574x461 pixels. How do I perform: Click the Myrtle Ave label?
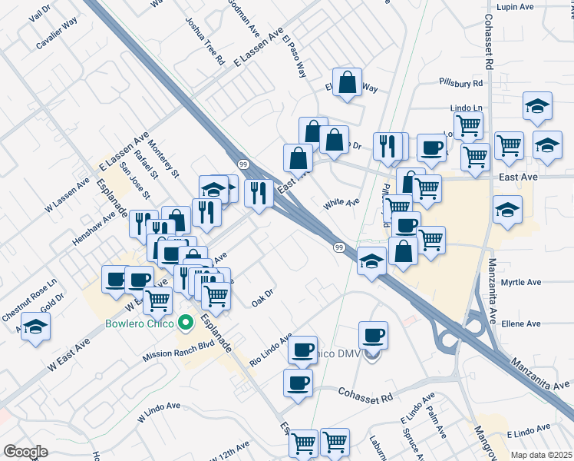point(521,283)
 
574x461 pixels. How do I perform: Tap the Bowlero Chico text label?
point(140,324)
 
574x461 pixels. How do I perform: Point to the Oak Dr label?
point(262,297)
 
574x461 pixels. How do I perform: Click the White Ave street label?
point(341,204)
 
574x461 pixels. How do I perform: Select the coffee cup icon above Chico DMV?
point(373,335)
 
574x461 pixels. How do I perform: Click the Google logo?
point(25,452)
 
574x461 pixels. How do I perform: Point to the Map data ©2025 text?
point(541,455)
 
